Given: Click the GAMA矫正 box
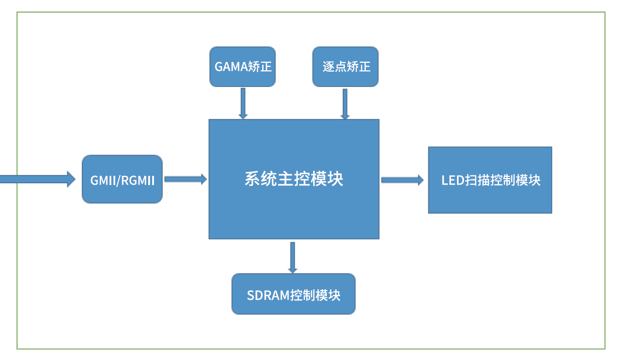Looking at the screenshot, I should [242, 66].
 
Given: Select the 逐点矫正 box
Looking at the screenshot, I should [345, 66].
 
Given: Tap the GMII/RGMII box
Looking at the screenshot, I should [122, 179].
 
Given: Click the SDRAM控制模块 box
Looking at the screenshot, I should [293, 294].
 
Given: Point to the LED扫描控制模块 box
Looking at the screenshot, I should [490, 180].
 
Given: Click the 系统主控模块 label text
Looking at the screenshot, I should [294, 179].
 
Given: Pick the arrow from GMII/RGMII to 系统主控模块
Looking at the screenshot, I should [185, 179].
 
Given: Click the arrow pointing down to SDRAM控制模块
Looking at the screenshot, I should [293, 258].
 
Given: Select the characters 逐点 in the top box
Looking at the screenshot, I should [334, 67].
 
